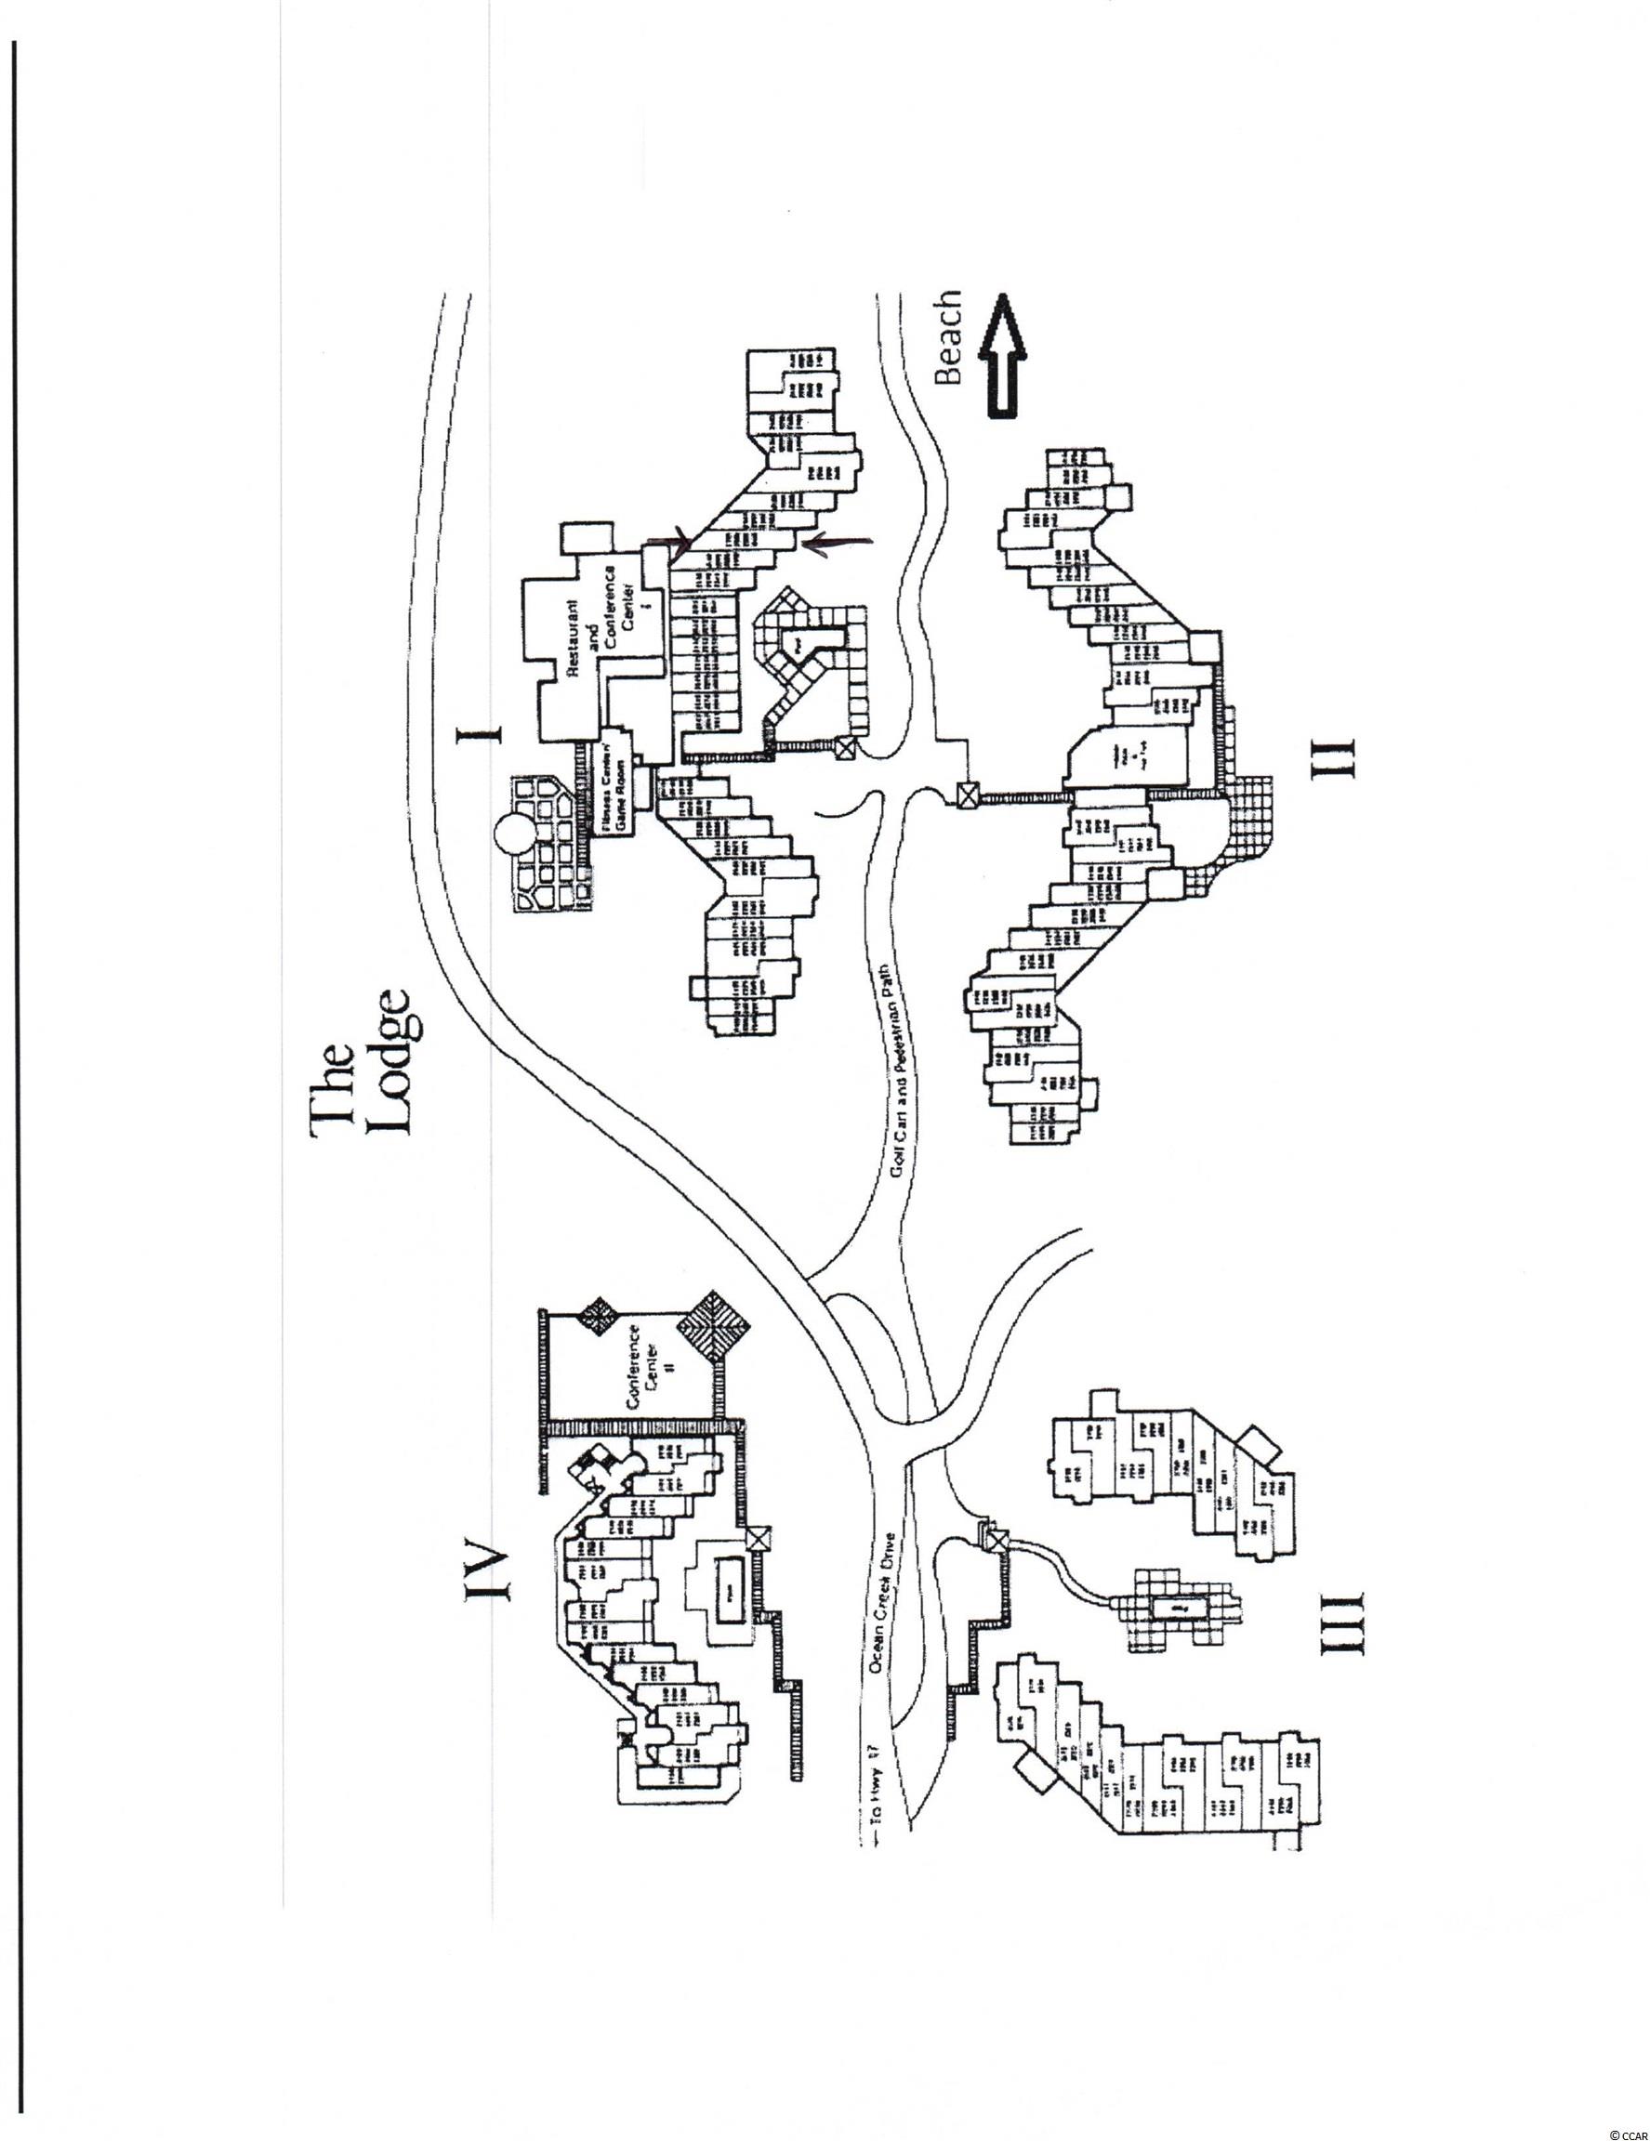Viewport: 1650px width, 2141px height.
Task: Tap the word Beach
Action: (949, 338)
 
